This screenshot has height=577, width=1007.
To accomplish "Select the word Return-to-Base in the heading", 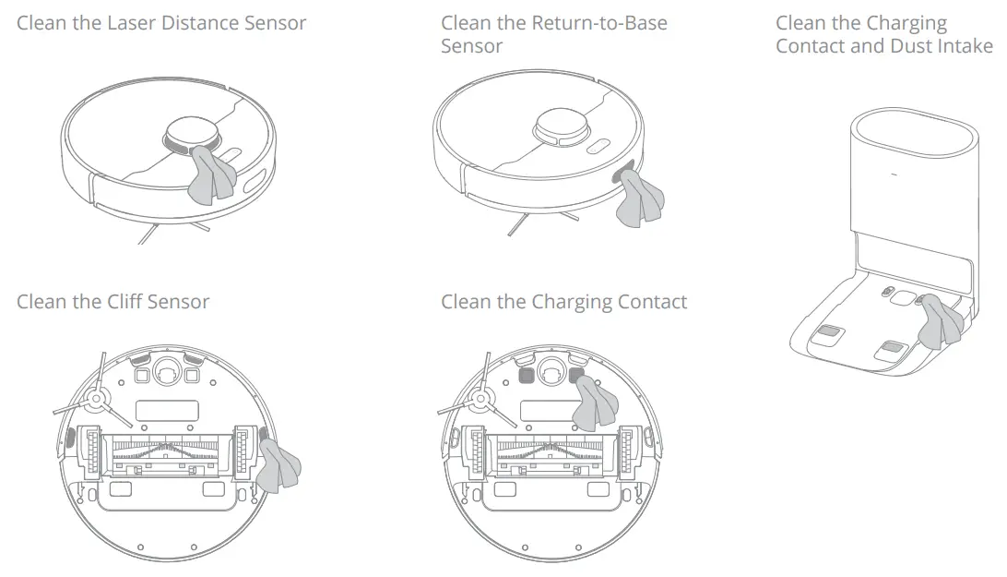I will (603, 22).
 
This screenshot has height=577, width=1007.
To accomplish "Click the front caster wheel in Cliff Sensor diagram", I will (167, 370).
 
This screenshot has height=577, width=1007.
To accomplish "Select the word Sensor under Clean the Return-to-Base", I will (471, 46).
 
